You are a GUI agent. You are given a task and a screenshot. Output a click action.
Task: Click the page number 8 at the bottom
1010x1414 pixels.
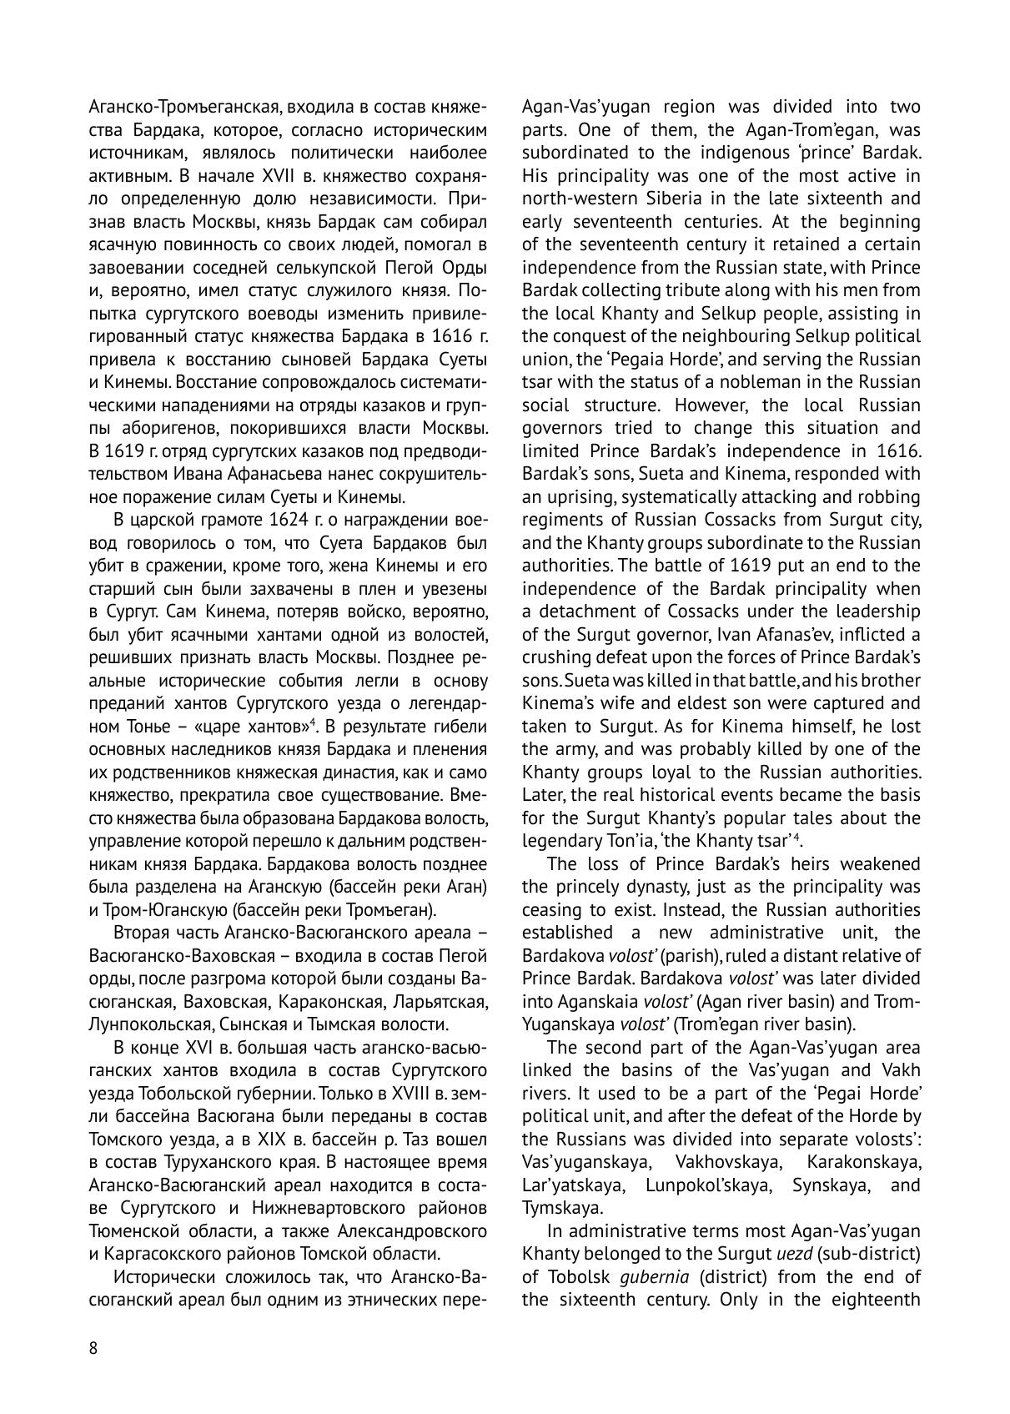coord(93,1349)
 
